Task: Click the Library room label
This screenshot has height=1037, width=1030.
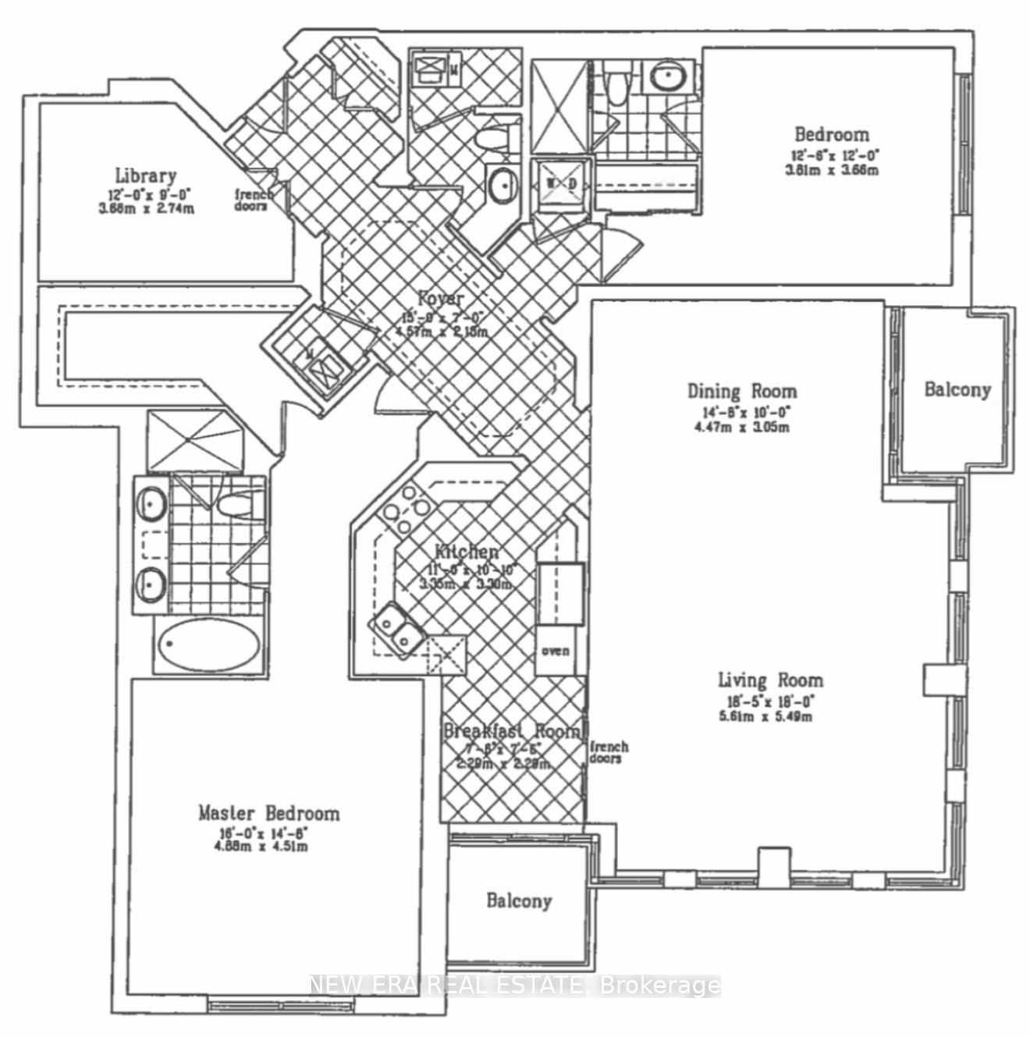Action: [x=146, y=176]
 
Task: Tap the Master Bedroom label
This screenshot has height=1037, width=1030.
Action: [x=268, y=813]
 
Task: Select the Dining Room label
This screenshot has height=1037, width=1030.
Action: [x=741, y=391]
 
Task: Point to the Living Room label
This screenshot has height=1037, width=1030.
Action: [x=769, y=680]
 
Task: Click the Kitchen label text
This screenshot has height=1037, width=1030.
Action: [x=466, y=552]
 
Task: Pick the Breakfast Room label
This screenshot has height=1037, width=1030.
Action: [x=512, y=731]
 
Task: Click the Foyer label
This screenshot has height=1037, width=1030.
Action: [x=441, y=298]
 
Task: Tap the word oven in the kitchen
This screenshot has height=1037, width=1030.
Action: [x=556, y=650]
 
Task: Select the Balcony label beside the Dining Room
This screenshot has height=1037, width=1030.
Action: [x=957, y=389]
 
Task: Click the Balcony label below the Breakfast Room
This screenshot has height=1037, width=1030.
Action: [x=519, y=901]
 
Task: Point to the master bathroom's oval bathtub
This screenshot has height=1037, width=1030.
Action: [x=209, y=645]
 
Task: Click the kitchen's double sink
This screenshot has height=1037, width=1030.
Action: [x=397, y=625]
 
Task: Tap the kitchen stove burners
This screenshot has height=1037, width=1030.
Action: [x=405, y=508]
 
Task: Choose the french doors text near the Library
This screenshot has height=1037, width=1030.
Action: [x=254, y=201]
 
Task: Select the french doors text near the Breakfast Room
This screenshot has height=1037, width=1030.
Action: [x=609, y=752]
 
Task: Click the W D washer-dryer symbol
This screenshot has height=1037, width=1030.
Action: [x=561, y=184]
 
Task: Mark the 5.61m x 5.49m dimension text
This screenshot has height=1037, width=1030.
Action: [x=765, y=716]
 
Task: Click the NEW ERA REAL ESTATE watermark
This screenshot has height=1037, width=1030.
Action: [x=515, y=986]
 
